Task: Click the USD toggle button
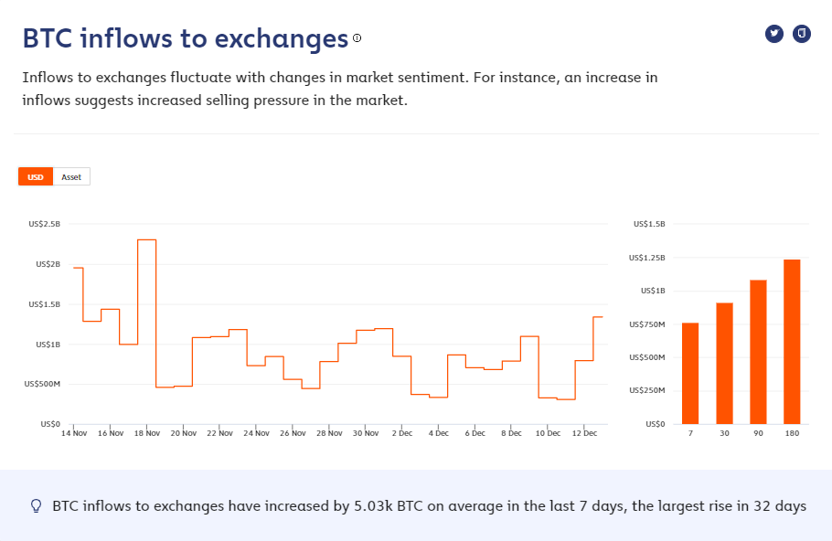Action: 36,176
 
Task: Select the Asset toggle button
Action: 71,176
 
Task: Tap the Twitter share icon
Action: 774,34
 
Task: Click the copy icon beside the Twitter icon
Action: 802,34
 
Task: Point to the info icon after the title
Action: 357,38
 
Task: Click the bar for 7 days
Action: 690,373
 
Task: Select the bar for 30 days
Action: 724,363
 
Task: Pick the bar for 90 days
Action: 758,352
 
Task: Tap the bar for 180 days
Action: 792,342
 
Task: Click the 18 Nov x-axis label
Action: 146,433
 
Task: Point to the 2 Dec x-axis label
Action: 401,433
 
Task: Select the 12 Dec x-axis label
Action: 584,433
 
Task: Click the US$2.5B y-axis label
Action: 45,224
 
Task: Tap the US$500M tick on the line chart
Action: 42,384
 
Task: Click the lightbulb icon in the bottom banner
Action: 37,505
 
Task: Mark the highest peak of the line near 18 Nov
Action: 146,239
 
